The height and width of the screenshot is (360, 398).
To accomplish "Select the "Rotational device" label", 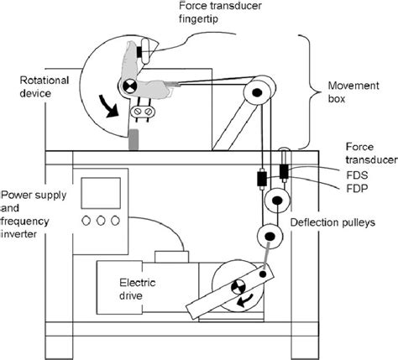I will (41, 87).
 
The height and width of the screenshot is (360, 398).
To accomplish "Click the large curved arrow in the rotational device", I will (110, 104).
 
